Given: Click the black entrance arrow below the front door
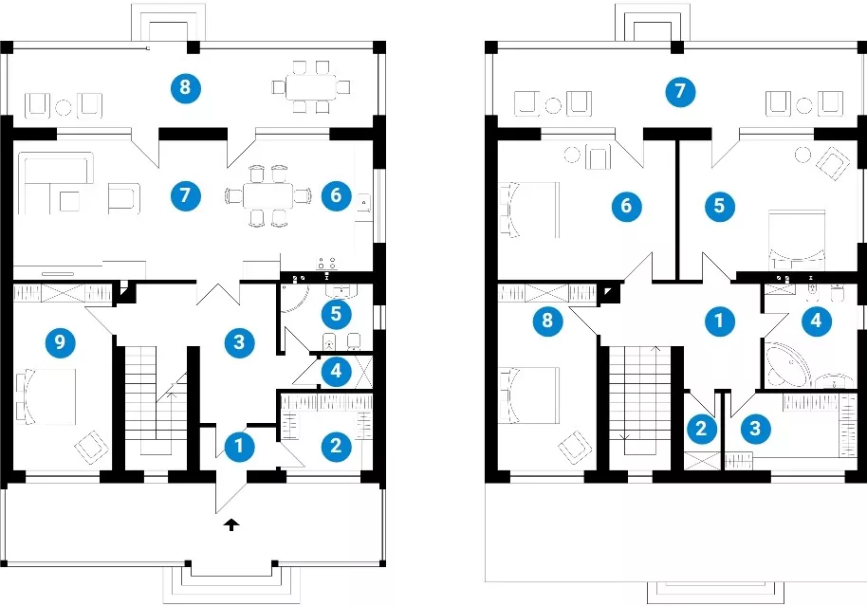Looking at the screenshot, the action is pos(232,524).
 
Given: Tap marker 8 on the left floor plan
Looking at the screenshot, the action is pos(185,87).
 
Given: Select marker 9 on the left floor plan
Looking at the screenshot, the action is pos(60,342).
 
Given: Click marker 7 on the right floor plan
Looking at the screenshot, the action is pos(680,91).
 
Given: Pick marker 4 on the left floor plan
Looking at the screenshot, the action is pos(336,371).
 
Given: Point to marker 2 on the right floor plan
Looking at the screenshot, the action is pos(701,429).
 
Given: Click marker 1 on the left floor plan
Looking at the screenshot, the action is pos(239,446).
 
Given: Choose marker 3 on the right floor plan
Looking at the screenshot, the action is pos(755,429).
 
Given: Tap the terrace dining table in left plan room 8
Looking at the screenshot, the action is pos(311,87).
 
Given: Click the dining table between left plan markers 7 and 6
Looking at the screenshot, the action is pos(267,195).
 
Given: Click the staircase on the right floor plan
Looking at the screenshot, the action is pos(639,400).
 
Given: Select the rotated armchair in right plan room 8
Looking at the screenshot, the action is pos(575,447).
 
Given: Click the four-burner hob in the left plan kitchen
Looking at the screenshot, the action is pos(326,264).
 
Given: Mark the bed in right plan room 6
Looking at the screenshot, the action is pos(529,211).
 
